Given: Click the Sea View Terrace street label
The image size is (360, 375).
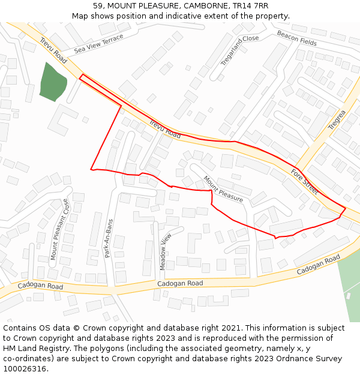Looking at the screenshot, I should click(98, 44).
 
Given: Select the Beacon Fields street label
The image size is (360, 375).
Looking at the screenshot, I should click(296, 38).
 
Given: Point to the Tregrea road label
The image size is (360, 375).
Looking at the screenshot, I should click(337, 120).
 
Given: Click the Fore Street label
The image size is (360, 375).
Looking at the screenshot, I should click(304, 181).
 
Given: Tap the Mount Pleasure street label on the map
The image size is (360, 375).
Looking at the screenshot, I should click(223, 188).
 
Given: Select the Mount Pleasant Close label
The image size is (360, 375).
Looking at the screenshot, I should click(59, 230).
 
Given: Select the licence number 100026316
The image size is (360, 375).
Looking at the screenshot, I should click(25, 368).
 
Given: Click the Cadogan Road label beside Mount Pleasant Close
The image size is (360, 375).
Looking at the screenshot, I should click(40, 286).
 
